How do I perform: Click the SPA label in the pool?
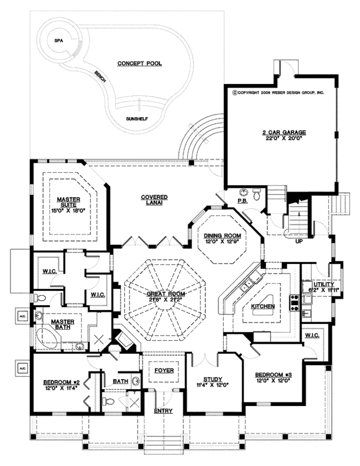click(59, 41)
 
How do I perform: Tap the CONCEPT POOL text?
click(139, 63)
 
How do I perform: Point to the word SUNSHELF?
click(137, 119)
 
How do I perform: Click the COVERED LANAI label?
click(154, 200)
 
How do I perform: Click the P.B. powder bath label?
click(242, 202)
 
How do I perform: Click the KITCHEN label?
click(263, 306)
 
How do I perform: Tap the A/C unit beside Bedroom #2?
click(22, 366)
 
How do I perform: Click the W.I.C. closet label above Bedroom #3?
click(311, 335)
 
